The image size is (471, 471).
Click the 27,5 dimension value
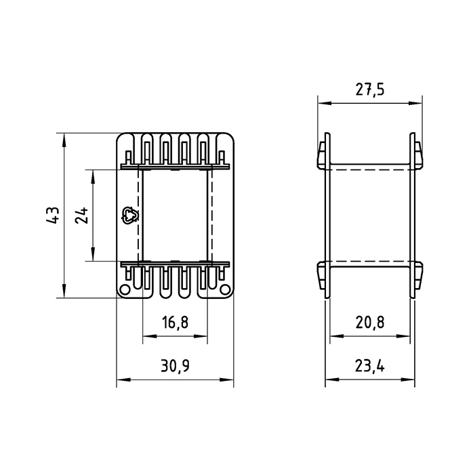[370, 89]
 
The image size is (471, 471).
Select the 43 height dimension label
[53, 215]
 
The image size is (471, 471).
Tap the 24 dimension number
[82, 215]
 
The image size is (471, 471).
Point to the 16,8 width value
[175, 323]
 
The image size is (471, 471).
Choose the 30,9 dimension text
[175, 366]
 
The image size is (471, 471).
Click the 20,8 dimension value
[370, 323]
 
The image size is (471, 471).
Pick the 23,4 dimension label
[370, 366]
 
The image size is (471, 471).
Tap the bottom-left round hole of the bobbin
[125, 289]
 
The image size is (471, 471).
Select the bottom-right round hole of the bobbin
[224, 289]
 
